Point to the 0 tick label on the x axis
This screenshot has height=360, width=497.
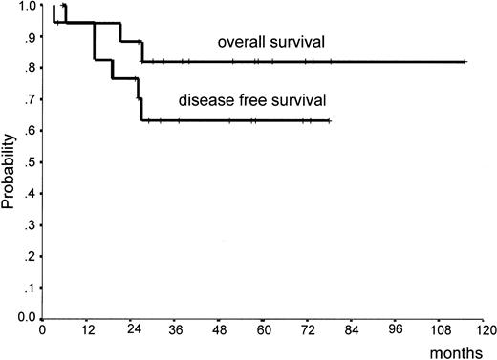[43, 333]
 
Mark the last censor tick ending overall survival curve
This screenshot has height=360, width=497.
[465, 61]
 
